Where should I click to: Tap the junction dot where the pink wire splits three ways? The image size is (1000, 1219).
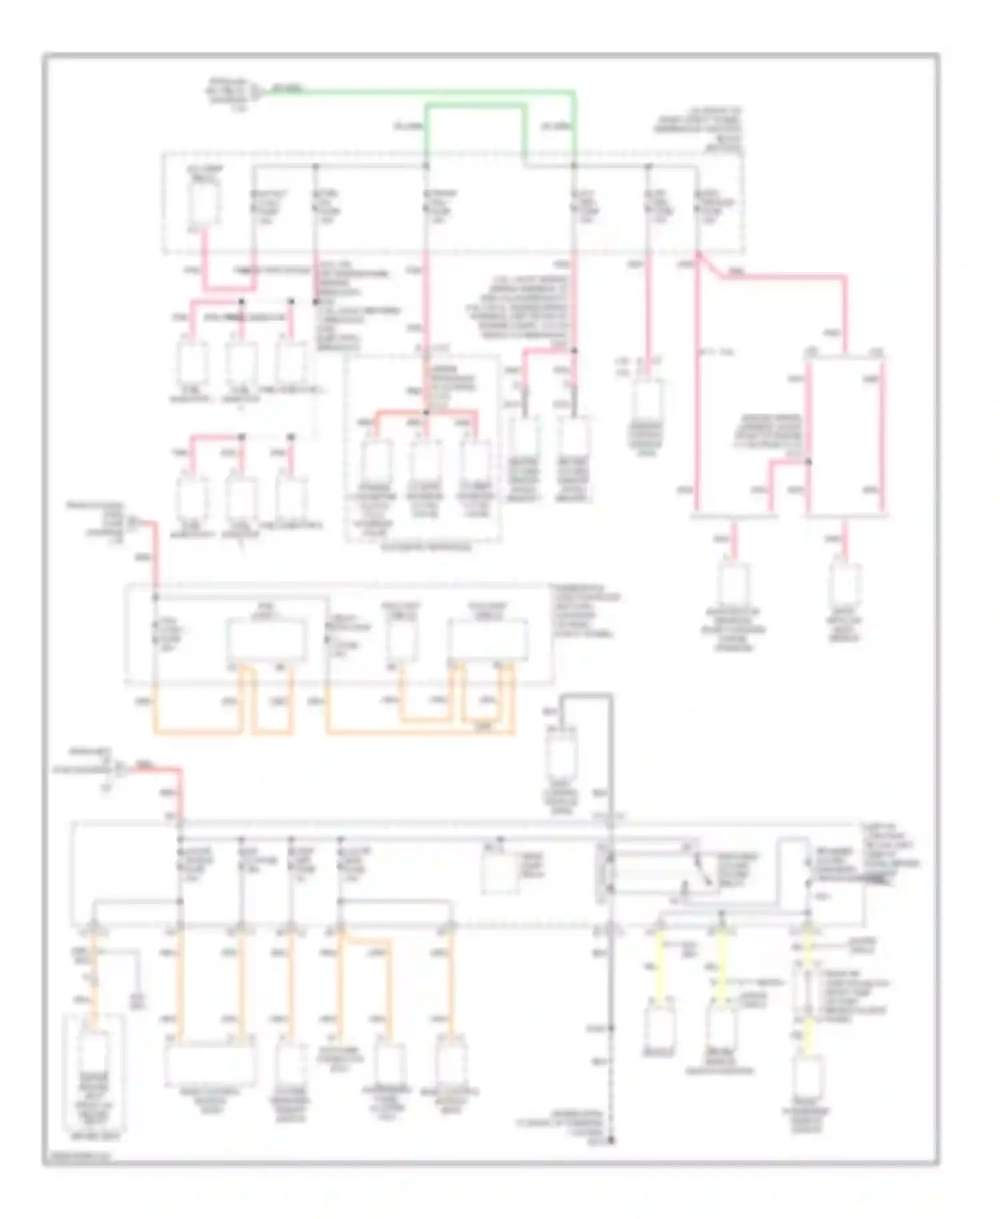coord(427,413)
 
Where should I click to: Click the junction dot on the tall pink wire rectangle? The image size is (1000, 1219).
coord(808,461)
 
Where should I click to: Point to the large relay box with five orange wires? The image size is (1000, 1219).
coord(488,640)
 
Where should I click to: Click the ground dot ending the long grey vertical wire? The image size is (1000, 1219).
coord(611,1141)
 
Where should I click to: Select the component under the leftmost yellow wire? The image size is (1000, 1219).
coord(659,1028)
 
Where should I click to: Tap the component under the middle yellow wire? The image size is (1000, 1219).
coord(721,1028)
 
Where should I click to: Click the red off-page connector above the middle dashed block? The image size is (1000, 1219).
coord(133,521)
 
